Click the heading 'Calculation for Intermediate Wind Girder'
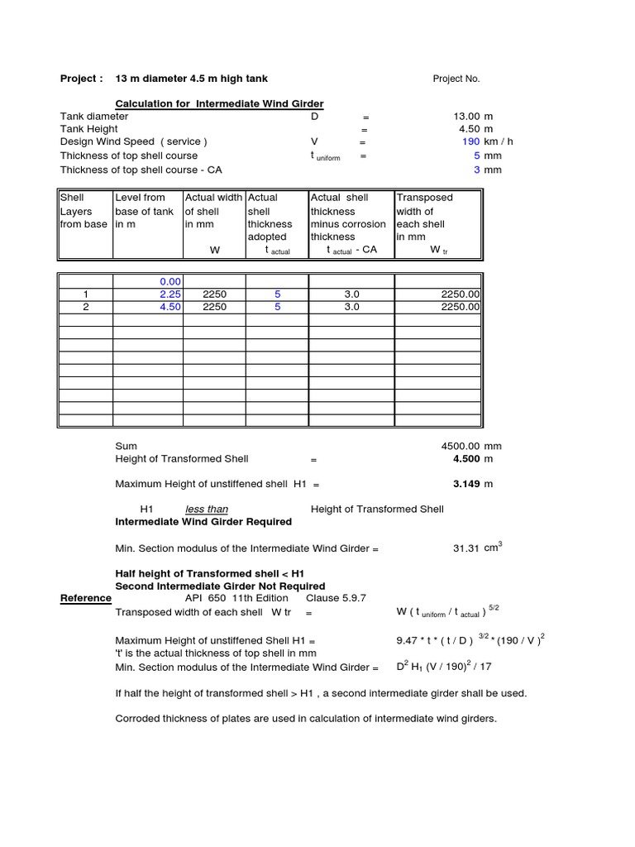(x=219, y=103)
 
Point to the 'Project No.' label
(x=456, y=79)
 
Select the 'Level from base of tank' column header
(x=145, y=211)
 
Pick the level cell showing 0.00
(x=169, y=281)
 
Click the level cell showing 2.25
(x=169, y=294)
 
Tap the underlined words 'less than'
(x=207, y=510)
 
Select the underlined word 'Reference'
(x=86, y=598)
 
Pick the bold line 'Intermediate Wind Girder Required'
(x=203, y=522)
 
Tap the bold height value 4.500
(x=467, y=459)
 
